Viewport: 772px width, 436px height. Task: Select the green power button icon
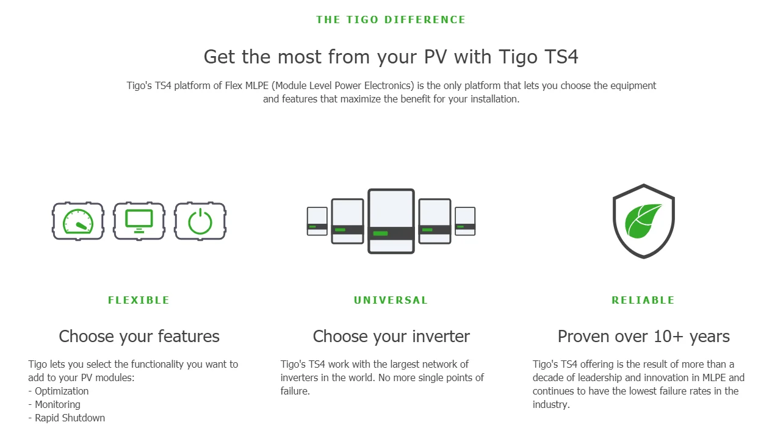click(x=200, y=221)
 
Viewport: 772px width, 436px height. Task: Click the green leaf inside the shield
click(x=643, y=221)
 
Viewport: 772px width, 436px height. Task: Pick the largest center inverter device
click(x=391, y=221)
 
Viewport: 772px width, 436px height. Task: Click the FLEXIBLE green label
click(x=139, y=300)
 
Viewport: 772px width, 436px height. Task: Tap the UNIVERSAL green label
click(x=391, y=300)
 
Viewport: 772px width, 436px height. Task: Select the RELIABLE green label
click(x=643, y=300)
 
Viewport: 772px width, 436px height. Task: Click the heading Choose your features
click(x=139, y=337)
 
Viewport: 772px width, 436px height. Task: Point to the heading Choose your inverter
click(x=391, y=337)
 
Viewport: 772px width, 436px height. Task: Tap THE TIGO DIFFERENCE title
click(x=391, y=20)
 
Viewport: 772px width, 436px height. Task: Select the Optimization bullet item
click(x=58, y=391)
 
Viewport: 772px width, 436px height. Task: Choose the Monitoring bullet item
click(x=54, y=405)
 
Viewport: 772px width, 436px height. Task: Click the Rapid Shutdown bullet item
click(x=67, y=418)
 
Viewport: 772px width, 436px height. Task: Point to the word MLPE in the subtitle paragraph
click(x=257, y=85)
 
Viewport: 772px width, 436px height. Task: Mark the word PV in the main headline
click(x=435, y=57)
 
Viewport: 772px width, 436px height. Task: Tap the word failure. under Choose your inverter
click(x=295, y=391)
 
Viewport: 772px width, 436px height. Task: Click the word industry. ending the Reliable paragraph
click(x=551, y=405)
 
